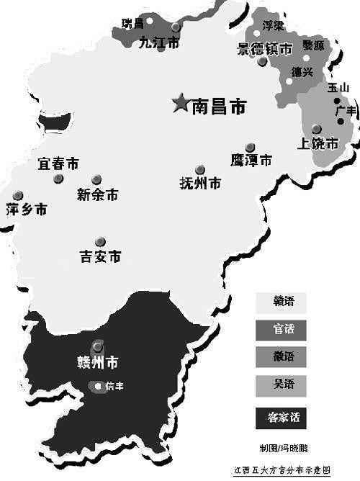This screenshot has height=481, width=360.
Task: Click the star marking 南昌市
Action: pos(180,104)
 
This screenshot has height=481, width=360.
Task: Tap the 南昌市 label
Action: pos(219,107)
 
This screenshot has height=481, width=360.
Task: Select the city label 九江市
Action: pos(159,42)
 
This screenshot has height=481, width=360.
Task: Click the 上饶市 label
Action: pos(318,144)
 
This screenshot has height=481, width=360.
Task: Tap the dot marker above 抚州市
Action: pos(199,170)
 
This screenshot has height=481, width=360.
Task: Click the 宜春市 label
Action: pos(58,164)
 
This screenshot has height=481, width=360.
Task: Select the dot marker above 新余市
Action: pos(96,179)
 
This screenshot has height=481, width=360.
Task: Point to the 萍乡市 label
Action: pos(26,210)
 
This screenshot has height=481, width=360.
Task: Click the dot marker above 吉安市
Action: pos(100,241)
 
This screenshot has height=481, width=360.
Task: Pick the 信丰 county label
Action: pos(115,387)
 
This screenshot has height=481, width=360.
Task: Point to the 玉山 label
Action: pos(338,87)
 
